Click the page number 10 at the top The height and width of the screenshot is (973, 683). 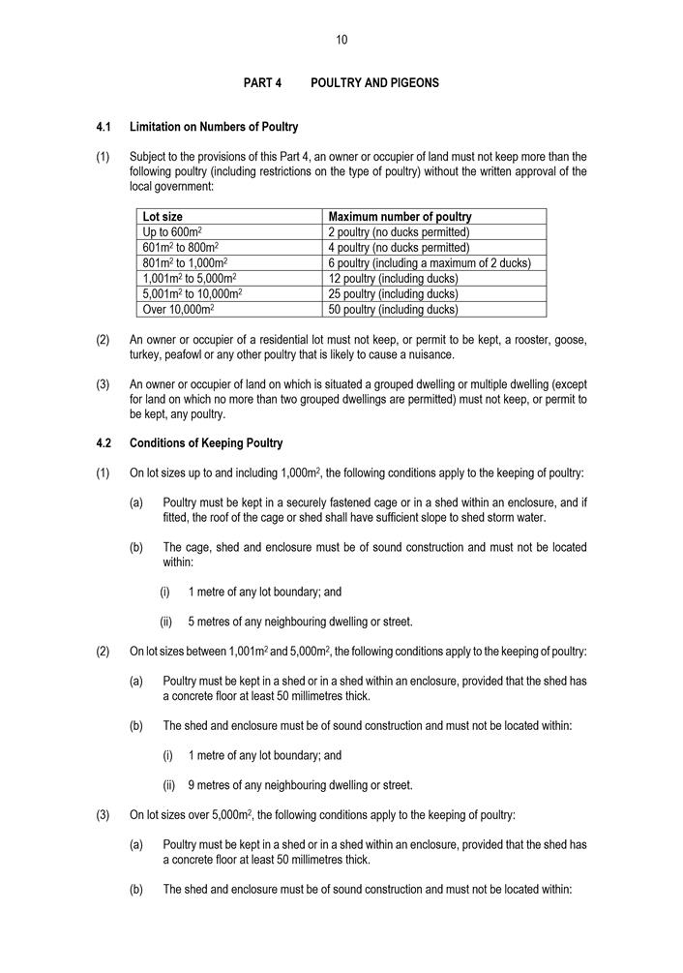coord(341,40)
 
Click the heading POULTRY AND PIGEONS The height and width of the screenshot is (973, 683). coord(374,83)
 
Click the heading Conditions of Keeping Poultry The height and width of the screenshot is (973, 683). coord(206,443)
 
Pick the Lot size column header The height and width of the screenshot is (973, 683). coord(163,217)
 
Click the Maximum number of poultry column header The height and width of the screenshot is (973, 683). coord(400,217)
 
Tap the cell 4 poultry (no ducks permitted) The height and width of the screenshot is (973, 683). coord(399,248)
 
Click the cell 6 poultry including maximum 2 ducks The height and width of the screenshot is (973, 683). coord(430,263)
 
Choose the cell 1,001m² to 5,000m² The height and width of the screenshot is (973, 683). coord(190,279)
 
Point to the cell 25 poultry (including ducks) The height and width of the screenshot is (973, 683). coord(393,294)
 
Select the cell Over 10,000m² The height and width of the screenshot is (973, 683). coord(178,310)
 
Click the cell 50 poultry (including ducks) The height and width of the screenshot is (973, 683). coord(393,310)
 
